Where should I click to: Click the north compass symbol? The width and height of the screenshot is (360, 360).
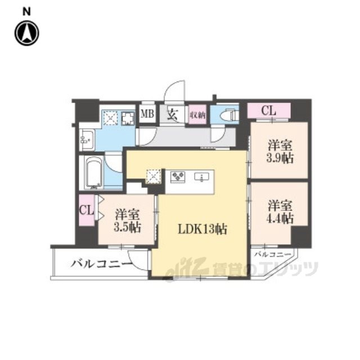coord(27,33)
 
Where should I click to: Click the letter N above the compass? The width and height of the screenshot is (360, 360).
coord(26,12)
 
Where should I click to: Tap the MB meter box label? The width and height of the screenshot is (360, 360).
coord(147,114)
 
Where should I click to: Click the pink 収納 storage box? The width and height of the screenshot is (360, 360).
coord(197,115)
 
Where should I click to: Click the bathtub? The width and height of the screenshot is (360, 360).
coord(93,172)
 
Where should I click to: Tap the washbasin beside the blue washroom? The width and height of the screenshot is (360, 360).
coord(87,139)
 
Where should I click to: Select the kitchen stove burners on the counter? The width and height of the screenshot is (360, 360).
coord(178,177)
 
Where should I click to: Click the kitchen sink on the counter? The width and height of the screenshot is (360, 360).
coord(202,177)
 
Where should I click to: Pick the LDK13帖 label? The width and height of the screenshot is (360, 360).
coord(202,229)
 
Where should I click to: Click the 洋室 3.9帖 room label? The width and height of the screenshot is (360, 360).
coord(280,152)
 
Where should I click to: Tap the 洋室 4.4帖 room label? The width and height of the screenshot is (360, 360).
coord(280,212)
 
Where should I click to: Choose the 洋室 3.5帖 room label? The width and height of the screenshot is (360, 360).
coord(128,220)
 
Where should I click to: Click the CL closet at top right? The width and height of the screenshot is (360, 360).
coord(269,111)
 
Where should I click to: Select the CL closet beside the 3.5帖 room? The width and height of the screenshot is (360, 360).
coord(86,210)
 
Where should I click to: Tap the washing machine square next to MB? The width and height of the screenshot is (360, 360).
coord(110,118)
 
